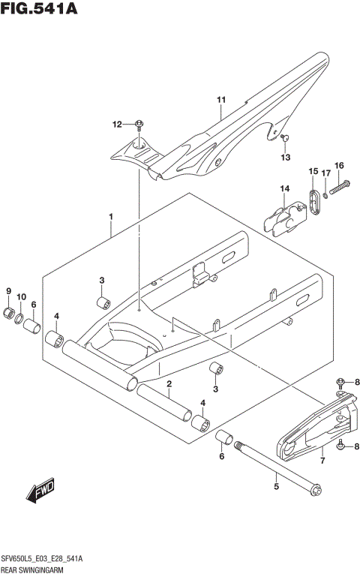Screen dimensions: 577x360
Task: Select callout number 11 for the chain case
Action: point(221,100)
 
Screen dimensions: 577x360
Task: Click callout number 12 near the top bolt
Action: point(117,124)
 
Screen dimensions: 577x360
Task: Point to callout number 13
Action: point(285,157)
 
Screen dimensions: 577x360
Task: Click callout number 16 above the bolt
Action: point(339,165)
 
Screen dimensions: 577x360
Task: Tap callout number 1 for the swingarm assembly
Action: point(110,217)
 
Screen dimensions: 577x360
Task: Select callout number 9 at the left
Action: point(9,291)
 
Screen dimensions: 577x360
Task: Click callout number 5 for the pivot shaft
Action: point(276,486)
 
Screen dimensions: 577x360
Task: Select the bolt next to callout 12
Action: point(140,125)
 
